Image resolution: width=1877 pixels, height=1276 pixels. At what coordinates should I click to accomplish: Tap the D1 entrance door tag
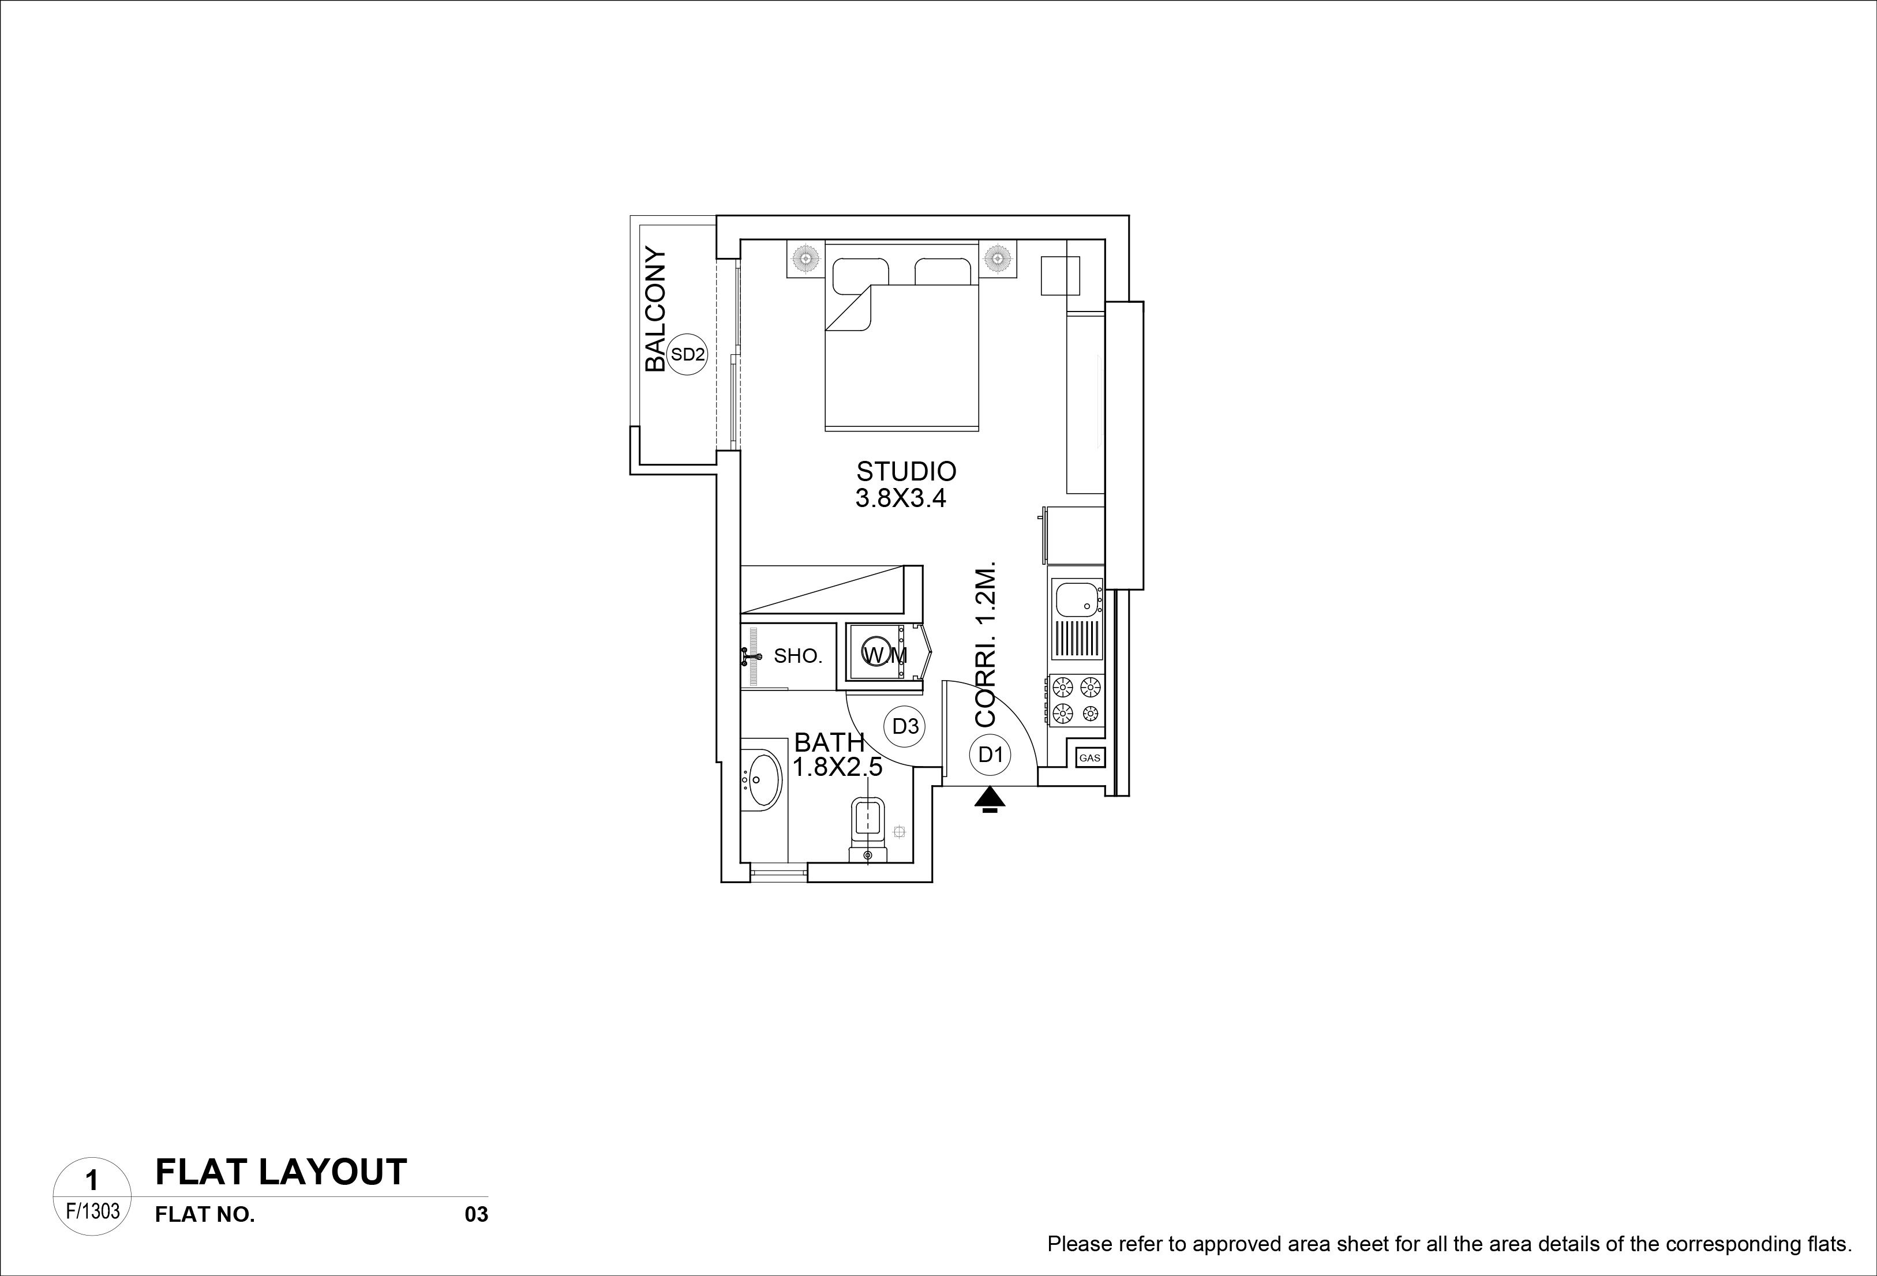(x=990, y=755)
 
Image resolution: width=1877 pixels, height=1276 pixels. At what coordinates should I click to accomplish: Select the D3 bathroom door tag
(x=905, y=727)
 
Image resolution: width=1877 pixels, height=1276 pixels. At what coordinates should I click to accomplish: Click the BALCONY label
(x=656, y=310)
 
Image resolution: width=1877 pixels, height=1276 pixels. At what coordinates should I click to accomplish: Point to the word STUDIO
(x=906, y=471)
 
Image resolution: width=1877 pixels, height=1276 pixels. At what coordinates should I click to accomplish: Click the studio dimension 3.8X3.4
(x=901, y=498)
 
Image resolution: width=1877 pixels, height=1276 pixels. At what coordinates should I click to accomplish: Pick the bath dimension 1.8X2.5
(x=838, y=767)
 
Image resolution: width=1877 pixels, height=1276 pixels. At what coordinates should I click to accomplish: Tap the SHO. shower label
(x=798, y=656)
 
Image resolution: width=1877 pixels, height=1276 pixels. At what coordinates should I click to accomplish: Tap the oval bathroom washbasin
(x=762, y=780)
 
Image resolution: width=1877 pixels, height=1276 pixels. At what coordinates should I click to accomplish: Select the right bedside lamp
(x=998, y=258)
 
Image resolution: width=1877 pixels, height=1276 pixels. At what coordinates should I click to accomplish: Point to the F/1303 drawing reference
(x=92, y=1211)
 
